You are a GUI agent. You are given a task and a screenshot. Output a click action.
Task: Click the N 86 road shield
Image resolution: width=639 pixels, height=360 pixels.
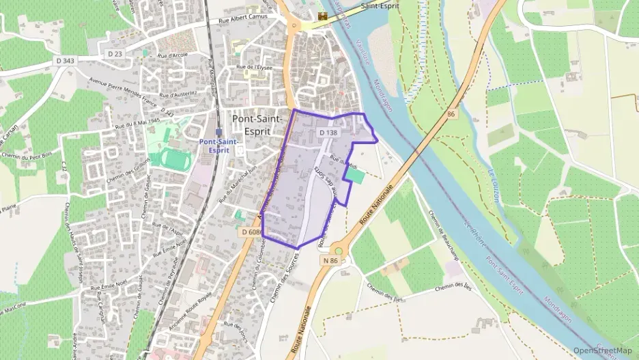click(x=330, y=260)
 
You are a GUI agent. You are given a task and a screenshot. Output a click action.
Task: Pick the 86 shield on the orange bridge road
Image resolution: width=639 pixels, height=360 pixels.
click(x=451, y=114)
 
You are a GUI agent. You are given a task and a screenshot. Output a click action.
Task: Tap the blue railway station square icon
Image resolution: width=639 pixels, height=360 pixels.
click(x=218, y=132)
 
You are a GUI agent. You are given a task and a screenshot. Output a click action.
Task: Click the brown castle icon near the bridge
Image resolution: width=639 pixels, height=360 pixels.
click(x=323, y=15)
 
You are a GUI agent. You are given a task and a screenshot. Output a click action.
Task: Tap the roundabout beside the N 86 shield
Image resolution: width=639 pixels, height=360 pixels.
click(x=339, y=250)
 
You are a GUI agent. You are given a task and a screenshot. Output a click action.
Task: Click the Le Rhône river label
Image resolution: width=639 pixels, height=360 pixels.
click(x=481, y=240)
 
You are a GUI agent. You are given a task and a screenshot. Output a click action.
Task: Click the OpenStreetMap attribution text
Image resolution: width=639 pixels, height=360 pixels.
click(x=602, y=350)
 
